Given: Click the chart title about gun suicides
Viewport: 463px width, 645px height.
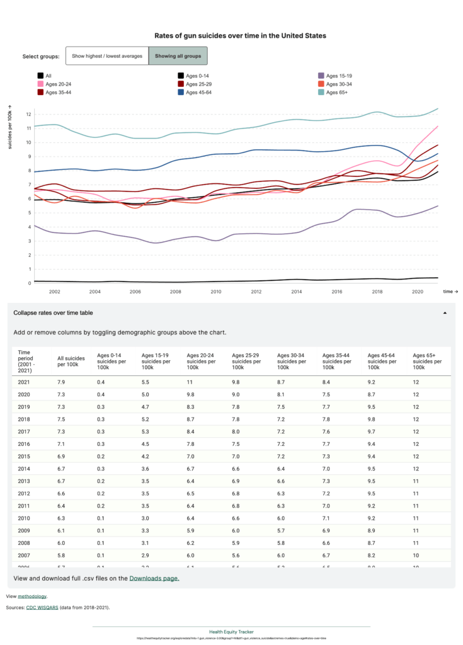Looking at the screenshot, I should pos(240,36).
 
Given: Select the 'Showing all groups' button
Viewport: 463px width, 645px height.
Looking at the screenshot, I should pos(178,56).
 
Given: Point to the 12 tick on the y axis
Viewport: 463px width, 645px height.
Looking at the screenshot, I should pos(28,115).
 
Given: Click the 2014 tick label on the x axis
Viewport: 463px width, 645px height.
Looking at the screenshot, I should pos(296,292).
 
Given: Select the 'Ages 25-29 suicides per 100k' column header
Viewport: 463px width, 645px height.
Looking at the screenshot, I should pos(247,361).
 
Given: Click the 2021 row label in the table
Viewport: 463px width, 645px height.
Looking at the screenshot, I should pos(25,382).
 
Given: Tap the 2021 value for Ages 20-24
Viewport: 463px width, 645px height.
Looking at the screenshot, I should pos(190,382).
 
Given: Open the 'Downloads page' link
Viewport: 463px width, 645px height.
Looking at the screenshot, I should pos(154,578).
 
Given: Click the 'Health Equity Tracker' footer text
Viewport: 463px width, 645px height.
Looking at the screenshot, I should pos(231,631).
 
